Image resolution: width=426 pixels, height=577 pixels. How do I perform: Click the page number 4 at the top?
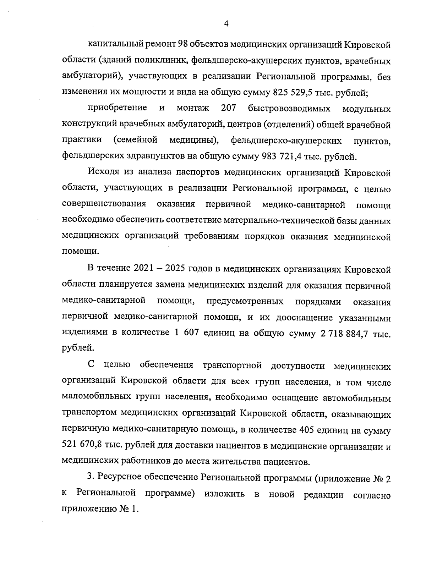pyautogui.click(x=226, y=24)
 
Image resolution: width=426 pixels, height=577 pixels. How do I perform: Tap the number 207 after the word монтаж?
pyautogui.click(x=228, y=108)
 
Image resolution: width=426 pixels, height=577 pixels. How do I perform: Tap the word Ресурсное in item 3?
pyautogui.click(x=120, y=479)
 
